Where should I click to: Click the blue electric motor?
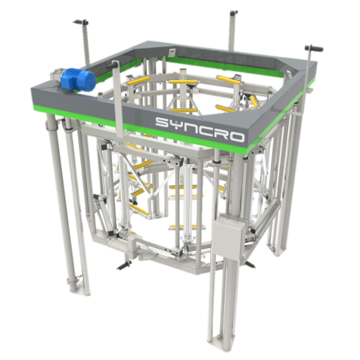(79, 79)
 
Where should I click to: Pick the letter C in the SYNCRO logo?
(200, 129)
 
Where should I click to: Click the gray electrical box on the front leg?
(228, 236)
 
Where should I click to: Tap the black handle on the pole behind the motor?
(81, 23)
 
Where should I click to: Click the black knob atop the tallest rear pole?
(234, 13)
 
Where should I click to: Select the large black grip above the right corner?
(314, 48)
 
